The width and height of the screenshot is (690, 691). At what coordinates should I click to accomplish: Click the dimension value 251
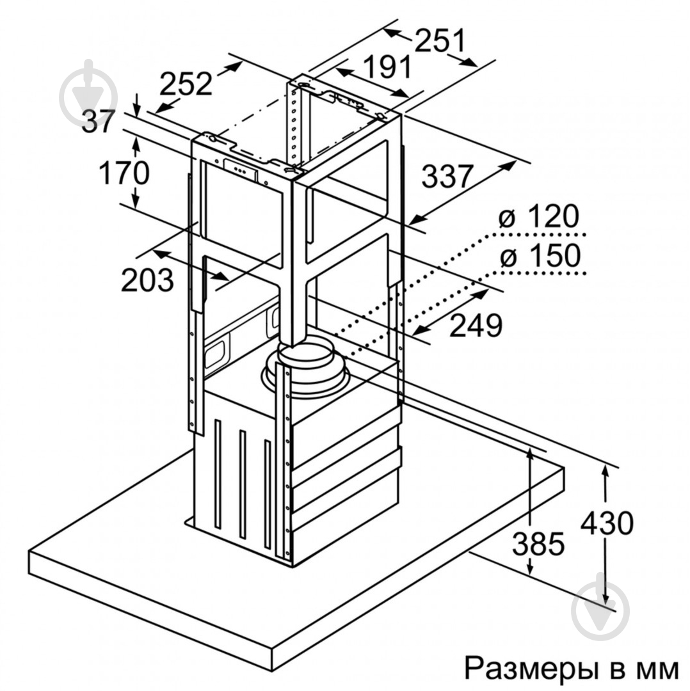pyautogui.click(x=440, y=42)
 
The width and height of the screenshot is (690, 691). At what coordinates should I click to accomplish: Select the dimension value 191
pyautogui.click(x=387, y=67)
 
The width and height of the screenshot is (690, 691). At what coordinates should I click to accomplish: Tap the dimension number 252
pyautogui.click(x=186, y=84)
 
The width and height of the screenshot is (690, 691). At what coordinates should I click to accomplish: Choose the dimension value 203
pyautogui.click(x=147, y=280)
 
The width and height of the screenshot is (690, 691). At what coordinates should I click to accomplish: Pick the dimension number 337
pyautogui.click(x=447, y=176)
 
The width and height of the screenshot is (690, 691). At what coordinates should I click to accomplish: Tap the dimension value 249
pyautogui.click(x=476, y=326)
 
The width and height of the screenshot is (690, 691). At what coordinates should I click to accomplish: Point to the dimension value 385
pyautogui.click(x=538, y=544)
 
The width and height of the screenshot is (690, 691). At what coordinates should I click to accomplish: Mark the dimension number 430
pyautogui.click(x=607, y=523)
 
